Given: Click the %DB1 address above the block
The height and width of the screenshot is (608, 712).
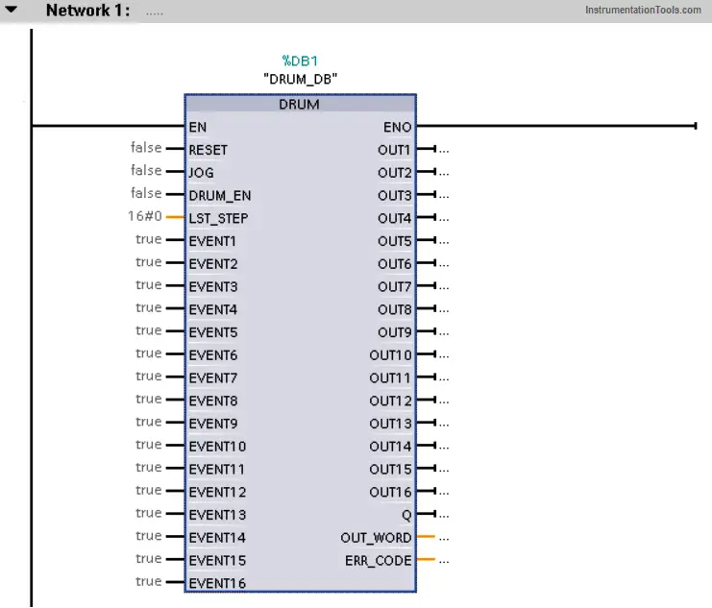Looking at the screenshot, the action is pos(300,61).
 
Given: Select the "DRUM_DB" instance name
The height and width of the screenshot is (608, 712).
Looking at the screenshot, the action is pos(300,79).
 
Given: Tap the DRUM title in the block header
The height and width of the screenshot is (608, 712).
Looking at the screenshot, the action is pos(299,105).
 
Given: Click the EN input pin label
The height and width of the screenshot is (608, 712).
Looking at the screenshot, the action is pos(198,127).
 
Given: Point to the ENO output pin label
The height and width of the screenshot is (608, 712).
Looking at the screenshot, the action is pos(398,127).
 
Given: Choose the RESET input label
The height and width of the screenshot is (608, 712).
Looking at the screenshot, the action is pos(208,150).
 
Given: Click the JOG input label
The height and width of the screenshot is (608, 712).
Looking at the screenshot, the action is pos(201,173).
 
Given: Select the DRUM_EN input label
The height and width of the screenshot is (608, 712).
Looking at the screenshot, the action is pos(220,196).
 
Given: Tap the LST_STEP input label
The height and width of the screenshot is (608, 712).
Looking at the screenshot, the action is pos(218,218).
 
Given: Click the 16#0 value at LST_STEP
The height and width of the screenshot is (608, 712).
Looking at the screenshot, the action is pos(145,216).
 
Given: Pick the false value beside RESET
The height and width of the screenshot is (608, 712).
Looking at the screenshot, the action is pos(146,148).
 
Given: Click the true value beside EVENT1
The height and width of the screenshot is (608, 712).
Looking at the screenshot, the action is pos(149,239).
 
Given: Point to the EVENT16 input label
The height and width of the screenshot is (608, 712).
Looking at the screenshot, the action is pos(217,583).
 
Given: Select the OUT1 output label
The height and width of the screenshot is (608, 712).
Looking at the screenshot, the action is pos(394,150).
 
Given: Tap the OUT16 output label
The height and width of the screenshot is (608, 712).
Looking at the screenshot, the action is pos(390,492).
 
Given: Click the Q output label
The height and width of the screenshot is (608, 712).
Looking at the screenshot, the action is pos(406,515).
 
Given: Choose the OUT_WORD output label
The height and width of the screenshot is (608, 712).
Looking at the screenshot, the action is pos(376,538).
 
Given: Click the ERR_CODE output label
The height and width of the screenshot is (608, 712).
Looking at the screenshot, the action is pos(379,561).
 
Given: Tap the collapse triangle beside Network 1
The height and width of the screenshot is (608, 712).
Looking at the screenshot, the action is pos(11,9).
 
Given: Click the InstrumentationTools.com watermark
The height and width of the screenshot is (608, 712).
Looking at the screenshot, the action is pos(643,10).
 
